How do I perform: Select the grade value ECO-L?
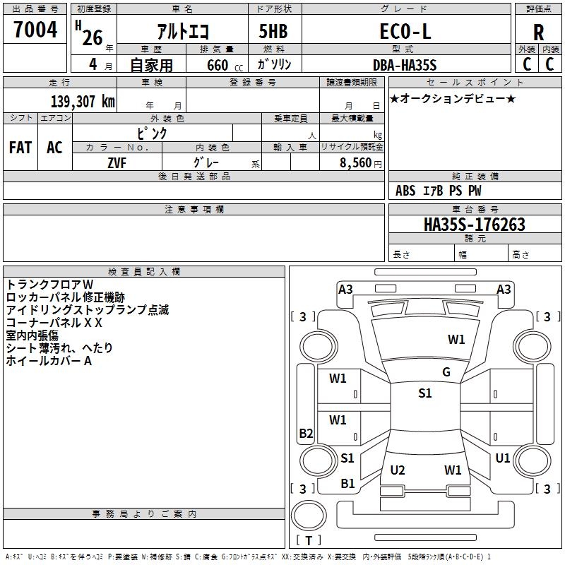(x=405, y=32)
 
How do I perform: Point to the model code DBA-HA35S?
(x=405, y=65)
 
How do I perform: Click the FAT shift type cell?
(x=20, y=148)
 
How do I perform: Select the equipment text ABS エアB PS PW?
(x=439, y=191)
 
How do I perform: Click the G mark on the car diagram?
(x=446, y=372)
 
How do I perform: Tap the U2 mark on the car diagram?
(x=398, y=470)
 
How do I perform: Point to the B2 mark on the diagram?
(x=306, y=434)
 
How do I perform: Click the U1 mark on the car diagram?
(x=502, y=458)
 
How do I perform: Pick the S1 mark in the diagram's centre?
(x=424, y=393)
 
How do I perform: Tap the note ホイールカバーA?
(x=49, y=361)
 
